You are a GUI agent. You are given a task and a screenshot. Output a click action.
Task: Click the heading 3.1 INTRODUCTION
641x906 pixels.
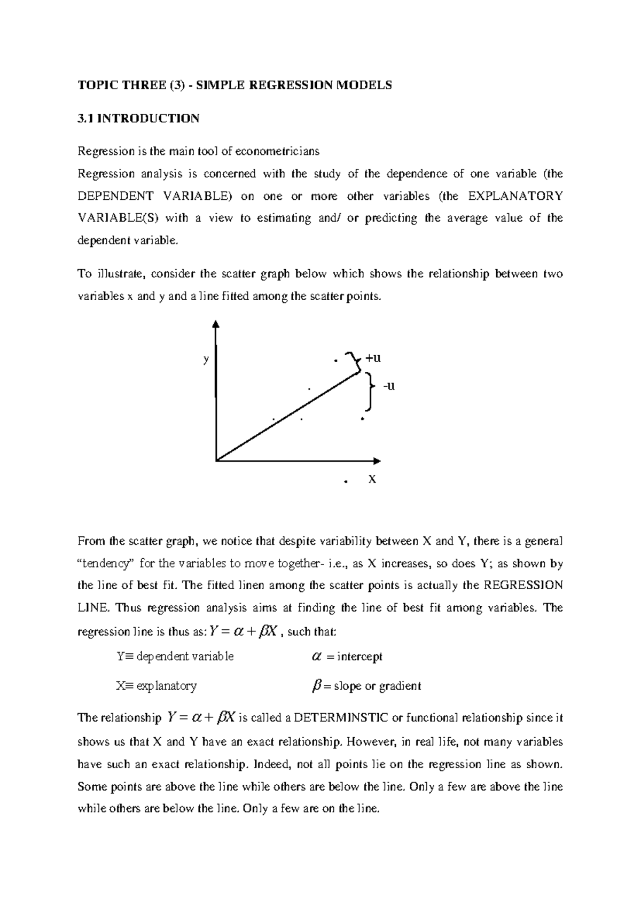[138, 119]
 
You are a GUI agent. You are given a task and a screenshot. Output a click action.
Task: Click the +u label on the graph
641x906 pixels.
[373, 358]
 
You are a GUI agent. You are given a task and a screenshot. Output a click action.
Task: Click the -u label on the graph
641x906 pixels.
[389, 386]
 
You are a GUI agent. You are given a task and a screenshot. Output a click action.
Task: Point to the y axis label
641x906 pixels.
[206, 359]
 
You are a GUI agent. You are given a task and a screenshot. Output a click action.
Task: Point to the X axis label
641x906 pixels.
[372, 479]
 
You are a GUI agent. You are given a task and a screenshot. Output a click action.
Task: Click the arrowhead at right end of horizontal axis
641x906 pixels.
[377, 460]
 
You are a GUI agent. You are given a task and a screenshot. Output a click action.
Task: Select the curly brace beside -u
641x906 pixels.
[369, 392]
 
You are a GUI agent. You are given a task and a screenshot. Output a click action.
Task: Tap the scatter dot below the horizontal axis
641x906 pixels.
[346, 482]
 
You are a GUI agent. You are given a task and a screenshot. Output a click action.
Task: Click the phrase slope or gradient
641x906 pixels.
[377, 686]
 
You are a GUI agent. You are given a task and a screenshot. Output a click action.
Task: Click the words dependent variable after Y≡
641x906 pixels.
[185, 657]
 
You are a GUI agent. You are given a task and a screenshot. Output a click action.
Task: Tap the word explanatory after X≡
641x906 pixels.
[167, 686]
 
